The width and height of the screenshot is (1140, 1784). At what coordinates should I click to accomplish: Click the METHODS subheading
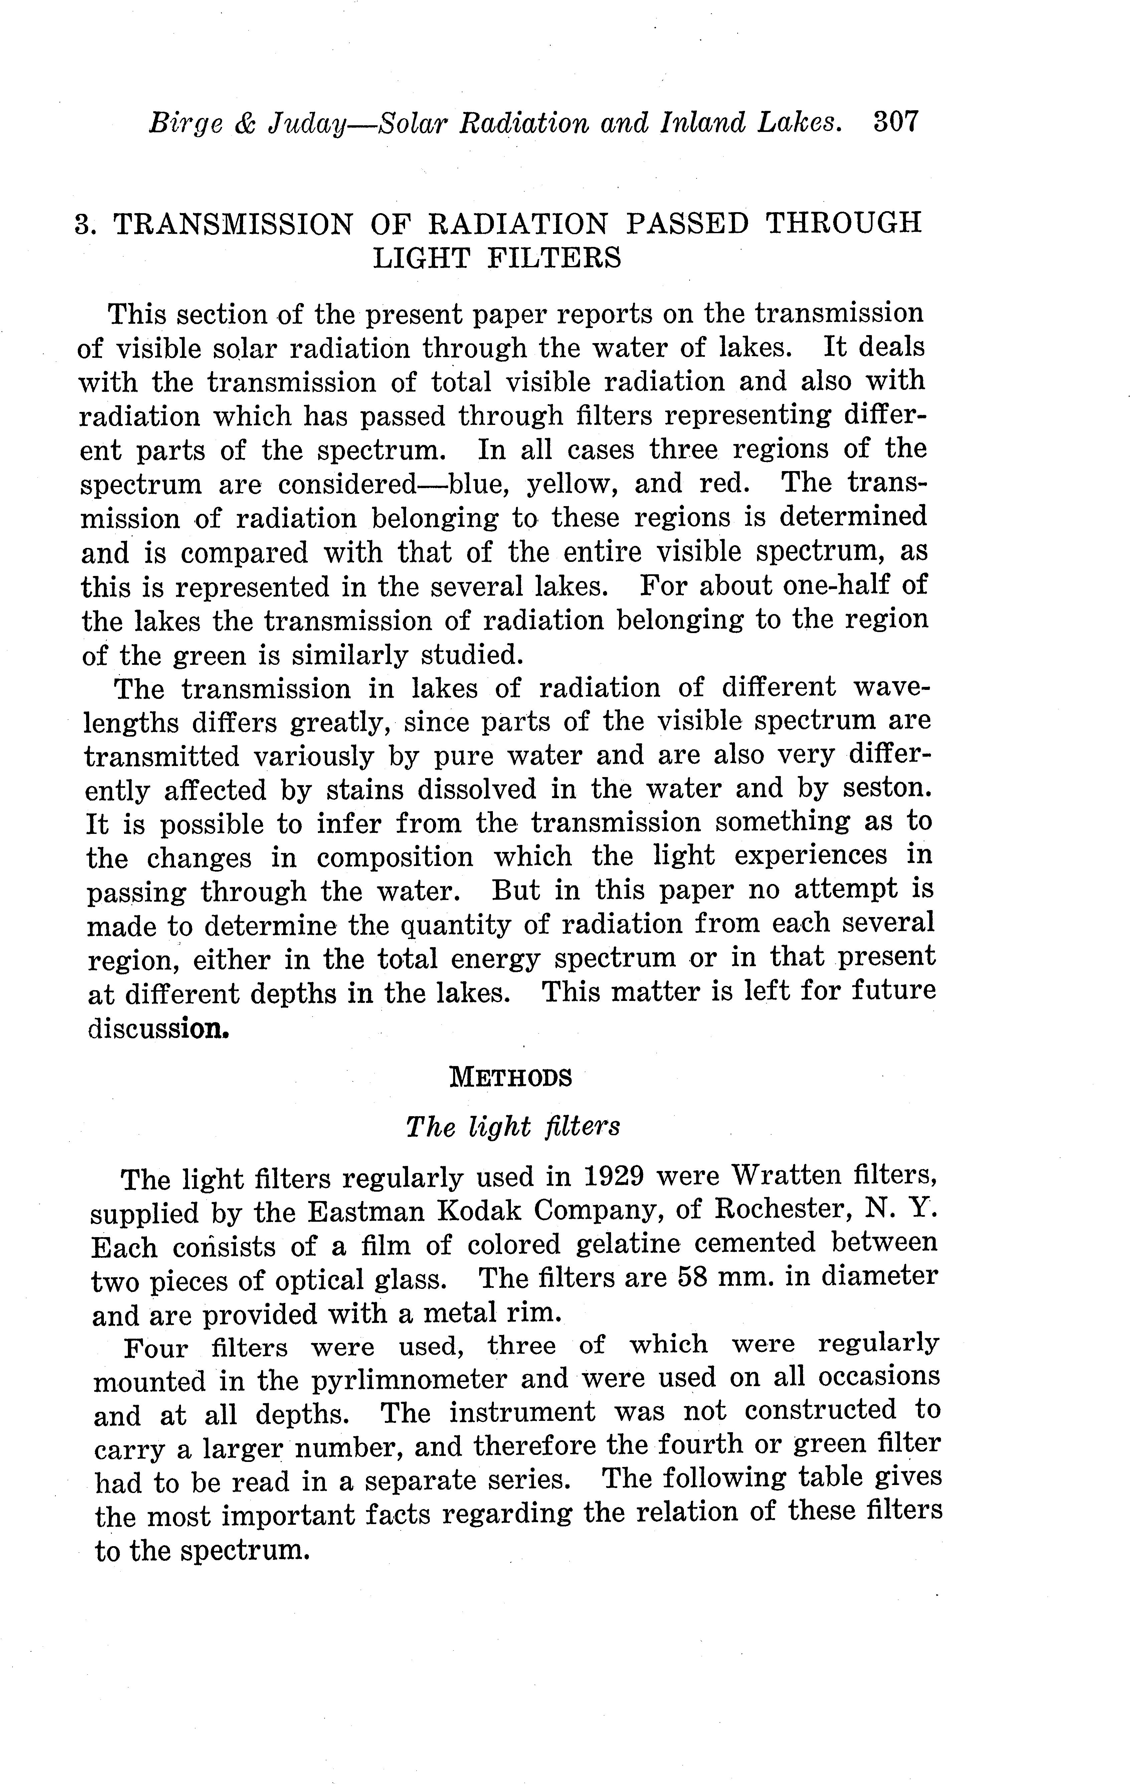pos(511,1077)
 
